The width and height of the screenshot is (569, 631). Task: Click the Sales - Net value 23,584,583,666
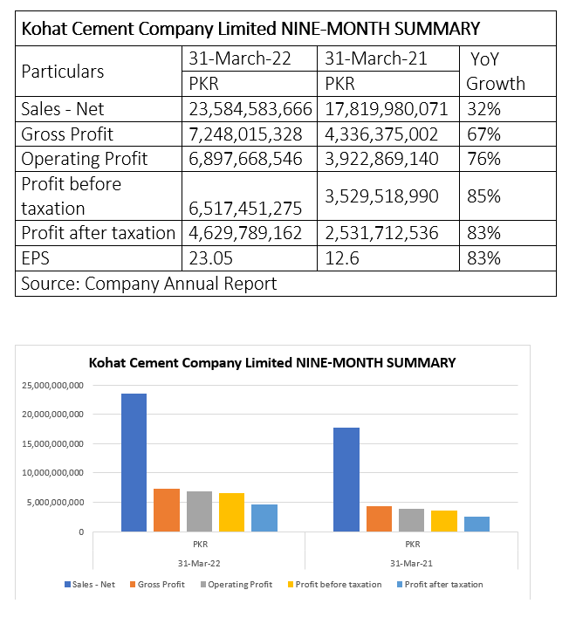click(250, 109)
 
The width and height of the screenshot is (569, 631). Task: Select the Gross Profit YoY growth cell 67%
click(483, 134)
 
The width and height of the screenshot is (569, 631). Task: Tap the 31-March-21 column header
click(376, 58)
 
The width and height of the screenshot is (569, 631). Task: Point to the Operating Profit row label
click(85, 159)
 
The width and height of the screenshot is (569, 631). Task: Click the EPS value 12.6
click(341, 258)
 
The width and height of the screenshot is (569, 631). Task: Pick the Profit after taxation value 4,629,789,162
click(245, 233)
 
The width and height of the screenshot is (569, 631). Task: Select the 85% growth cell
click(483, 196)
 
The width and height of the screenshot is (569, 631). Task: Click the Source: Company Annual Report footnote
click(149, 284)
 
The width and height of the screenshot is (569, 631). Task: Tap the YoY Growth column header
click(496, 72)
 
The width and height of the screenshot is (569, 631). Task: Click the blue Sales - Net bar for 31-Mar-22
click(134, 463)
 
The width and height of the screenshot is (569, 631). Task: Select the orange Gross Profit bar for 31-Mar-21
click(379, 518)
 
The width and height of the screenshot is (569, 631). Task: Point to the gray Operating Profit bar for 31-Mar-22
click(199, 511)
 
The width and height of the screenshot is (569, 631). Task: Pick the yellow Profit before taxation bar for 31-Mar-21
click(444, 521)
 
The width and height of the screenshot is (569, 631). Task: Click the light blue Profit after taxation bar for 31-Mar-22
click(264, 518)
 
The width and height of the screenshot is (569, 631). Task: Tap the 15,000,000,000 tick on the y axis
click(52, 443)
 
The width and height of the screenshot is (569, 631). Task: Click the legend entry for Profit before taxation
click(334, 585)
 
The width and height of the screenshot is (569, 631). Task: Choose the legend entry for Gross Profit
click(157, 585)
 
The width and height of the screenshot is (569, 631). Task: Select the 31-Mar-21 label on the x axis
click(411, 564)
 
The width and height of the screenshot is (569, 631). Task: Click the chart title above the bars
click(272, 362)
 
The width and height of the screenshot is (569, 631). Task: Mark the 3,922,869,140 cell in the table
click(381, 159)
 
